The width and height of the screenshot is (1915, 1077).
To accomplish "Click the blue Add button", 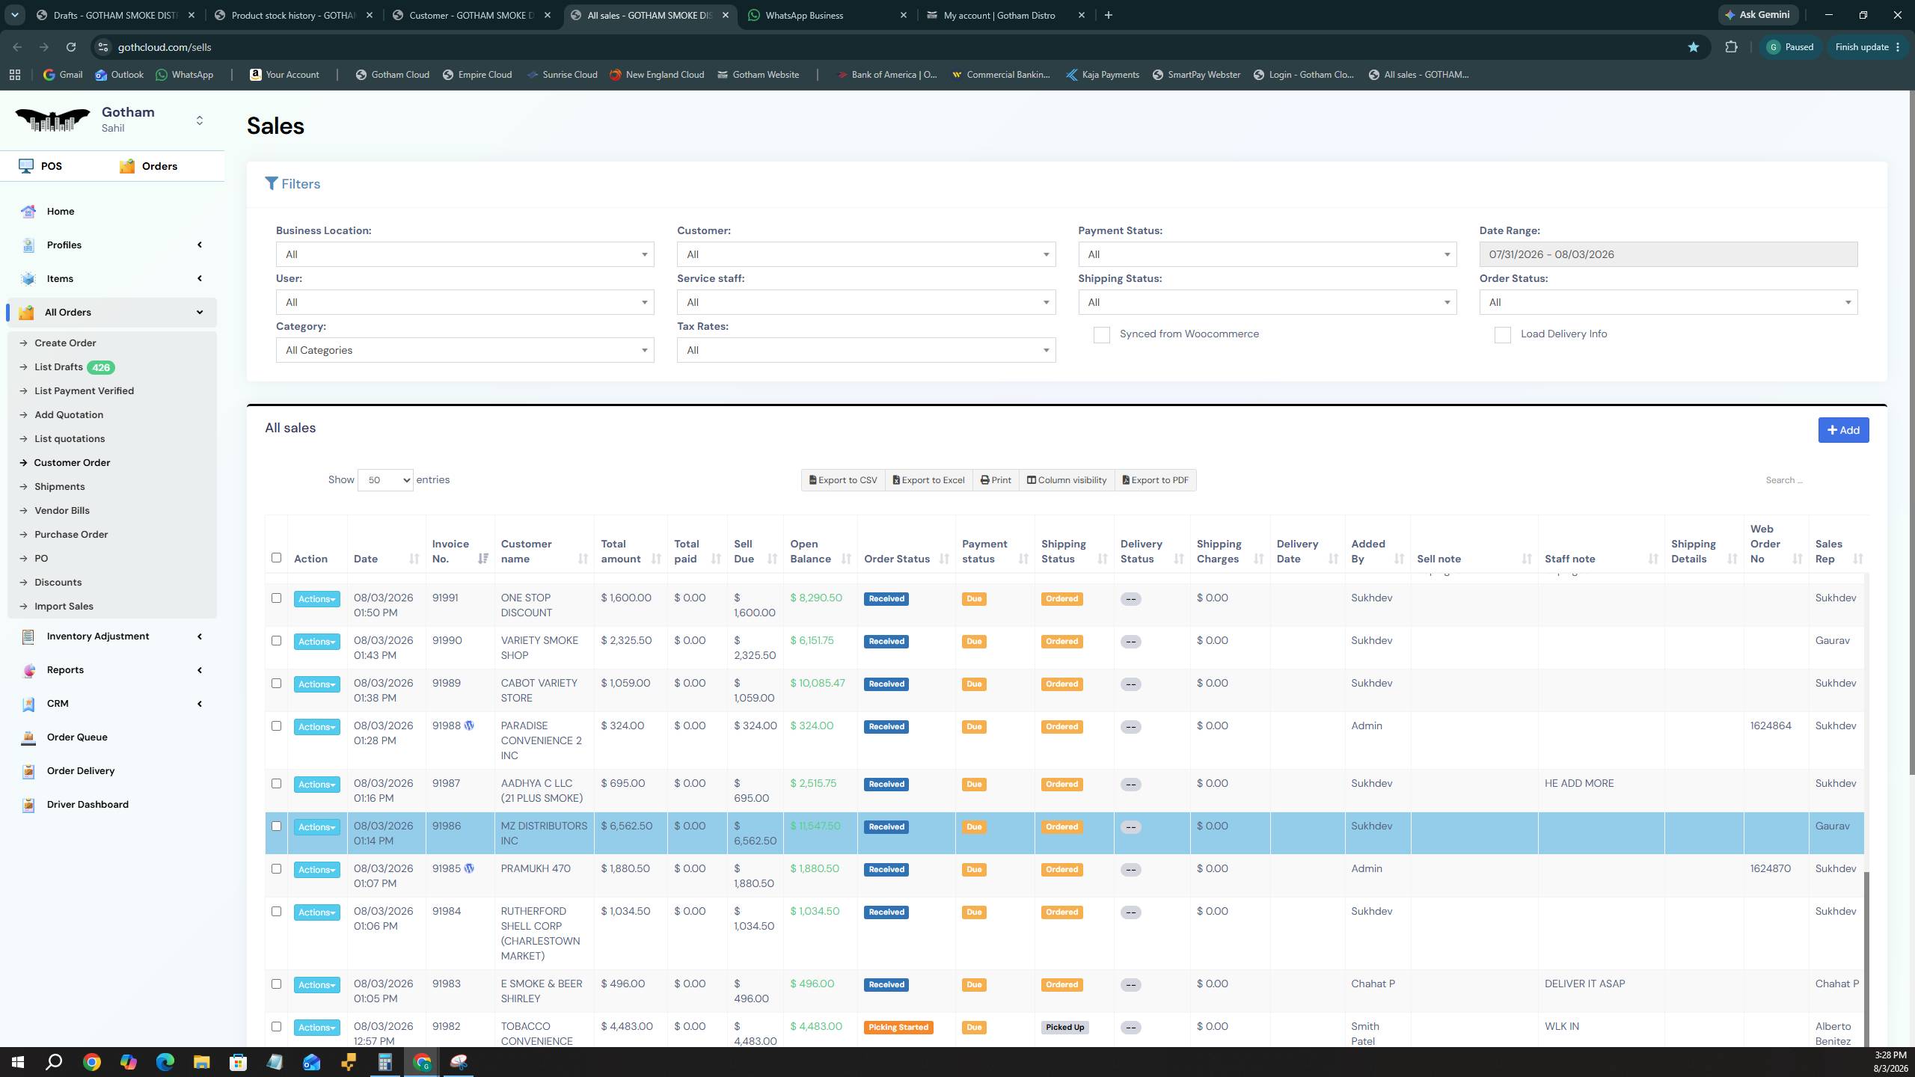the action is [x=1843, y=430].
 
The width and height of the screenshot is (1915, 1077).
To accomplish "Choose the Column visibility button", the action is [x=1067, y=480].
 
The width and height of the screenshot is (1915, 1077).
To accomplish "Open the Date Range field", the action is [x=1668, y=254].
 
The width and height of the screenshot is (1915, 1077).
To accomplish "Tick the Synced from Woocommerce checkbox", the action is [x=1101, y=335].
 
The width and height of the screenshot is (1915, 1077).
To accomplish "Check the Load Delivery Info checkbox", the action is [x=1502, y=335].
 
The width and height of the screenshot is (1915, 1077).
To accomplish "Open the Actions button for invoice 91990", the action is [x=316, y=642].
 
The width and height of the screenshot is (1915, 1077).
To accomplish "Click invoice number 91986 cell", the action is [x=447, y=826].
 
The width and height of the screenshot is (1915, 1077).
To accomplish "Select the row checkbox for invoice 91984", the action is [x=276, y=911].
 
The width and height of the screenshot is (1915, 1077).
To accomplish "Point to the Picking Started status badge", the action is [x=898, y=1027].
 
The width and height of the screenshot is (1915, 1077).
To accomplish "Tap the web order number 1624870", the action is [x=1771, y=868].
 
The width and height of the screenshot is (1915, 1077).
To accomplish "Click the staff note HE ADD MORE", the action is [x=1579, y=783].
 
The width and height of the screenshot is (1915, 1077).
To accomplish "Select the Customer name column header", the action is [x=527, y=551].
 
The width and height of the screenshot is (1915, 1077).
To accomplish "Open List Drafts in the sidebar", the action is [x=58, y=367].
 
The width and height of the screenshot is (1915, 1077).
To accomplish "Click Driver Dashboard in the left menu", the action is [x=88, y=805].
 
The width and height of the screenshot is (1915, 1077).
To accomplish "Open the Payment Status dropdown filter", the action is [x=1267, y=254].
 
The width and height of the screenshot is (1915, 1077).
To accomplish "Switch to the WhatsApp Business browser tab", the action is [x=805, y=15].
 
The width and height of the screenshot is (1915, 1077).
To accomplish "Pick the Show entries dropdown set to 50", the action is [x=385, y=480].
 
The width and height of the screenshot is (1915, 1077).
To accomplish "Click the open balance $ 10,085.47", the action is [x=818, y=683].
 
